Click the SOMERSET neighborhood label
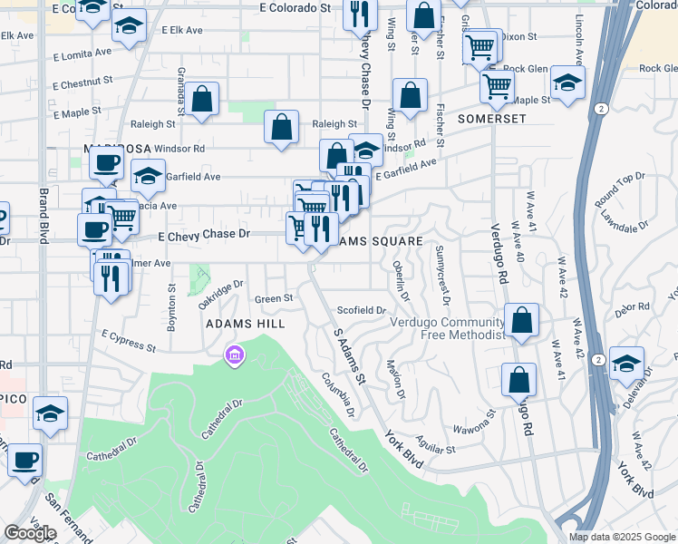pos(492,119)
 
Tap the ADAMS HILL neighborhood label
pos(245,324)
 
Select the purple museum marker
pos(235,355)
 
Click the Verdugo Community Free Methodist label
pos(447,328)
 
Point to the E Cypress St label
pos(129,341)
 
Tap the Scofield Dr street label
pos(362,310)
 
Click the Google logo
pos(30,533)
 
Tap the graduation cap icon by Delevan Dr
pos(626,364)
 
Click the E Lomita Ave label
pos(83,53)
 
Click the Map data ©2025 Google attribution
pos(621,537)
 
